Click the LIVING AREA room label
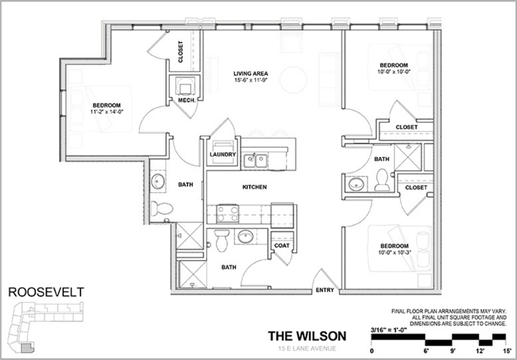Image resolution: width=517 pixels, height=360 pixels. coord(250,74)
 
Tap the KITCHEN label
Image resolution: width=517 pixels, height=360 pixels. coord(254,187)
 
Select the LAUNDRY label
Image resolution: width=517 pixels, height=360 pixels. coord(223,154)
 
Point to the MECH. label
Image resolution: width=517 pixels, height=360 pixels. coord(187,100)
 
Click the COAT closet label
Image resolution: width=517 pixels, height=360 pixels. coord(282,245)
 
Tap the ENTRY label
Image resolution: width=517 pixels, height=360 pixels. coord(325,290)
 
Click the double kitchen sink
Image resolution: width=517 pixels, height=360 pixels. coord(255,161)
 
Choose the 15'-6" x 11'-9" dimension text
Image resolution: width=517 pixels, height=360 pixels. coord(250,80)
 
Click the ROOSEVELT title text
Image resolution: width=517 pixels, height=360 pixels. coord(46,292)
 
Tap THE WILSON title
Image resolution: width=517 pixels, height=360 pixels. coord(307,336)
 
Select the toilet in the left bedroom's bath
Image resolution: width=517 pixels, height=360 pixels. coord(162,208)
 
